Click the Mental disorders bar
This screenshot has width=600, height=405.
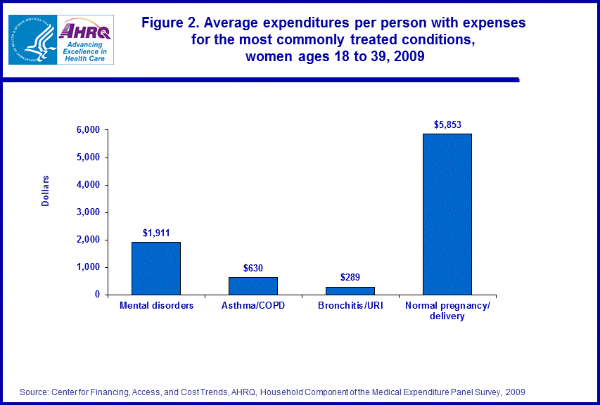pos(156,268)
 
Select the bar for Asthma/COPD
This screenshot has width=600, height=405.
pos(253,285)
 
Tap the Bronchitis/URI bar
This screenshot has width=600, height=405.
pos(350,290)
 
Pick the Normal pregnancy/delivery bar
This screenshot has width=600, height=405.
pos(447,214)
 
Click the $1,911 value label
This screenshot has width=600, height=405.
pos(156,233)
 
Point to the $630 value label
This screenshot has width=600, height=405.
pos(253,268)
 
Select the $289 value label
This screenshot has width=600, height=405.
pos(350,277)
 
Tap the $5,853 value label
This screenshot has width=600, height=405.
pos(447,124)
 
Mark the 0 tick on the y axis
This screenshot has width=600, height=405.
pos(97,295)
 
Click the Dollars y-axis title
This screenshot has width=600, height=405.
pos(46,190)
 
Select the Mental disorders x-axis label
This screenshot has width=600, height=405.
pos(156,306)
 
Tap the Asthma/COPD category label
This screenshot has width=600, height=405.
pos(253,306)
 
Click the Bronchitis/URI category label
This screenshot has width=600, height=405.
pos(350,306)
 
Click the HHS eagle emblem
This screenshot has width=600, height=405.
pos(32,39)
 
